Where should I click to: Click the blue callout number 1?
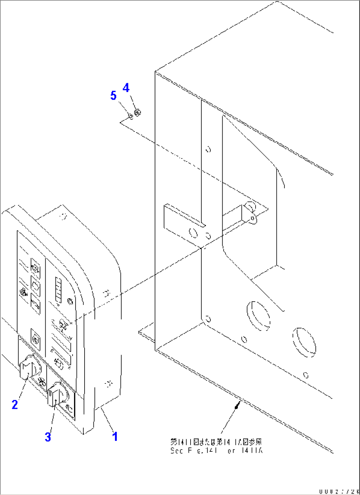click(115, 436)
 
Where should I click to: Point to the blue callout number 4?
click(126, 88)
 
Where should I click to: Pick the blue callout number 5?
click(113, 96)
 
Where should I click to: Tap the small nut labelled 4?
click(138, 113)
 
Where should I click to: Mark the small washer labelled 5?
click(130, 116)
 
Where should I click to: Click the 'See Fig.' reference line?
click(216, 451)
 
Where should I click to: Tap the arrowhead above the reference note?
click(236, 406)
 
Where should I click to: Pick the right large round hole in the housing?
click(304, 342)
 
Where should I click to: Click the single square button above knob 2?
click(35, 336)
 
